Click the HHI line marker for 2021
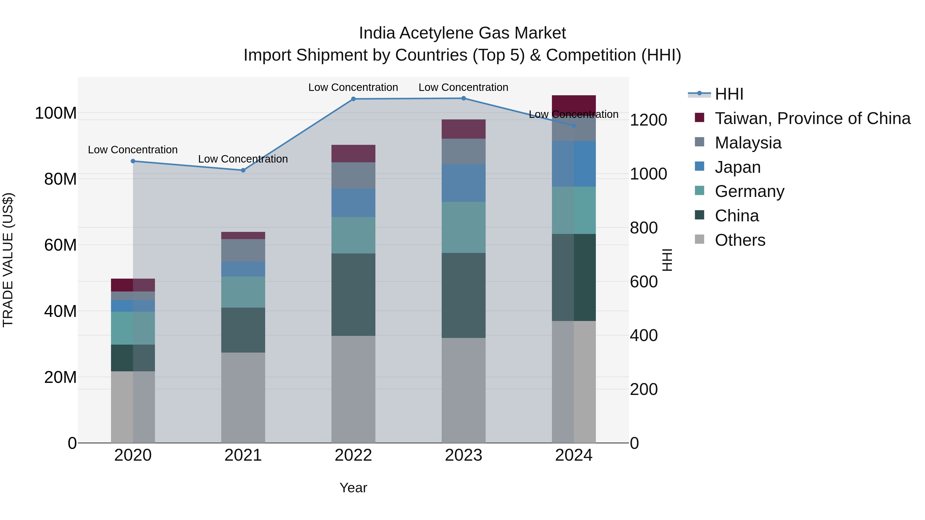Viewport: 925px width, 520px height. pos(243,170)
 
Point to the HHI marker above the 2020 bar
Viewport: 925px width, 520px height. pos(133,161)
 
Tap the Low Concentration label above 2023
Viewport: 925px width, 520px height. pos(463,87)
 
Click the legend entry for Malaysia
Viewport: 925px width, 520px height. pos(748,143)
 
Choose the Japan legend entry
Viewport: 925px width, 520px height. pos(737,167)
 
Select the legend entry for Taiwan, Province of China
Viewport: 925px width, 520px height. pos(812,118)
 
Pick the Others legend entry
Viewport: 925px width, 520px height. pos(740,240)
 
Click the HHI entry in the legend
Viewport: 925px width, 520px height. pos(729,94)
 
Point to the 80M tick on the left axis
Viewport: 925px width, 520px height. pos(60,179)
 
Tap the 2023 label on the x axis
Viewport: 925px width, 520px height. pos(463,455)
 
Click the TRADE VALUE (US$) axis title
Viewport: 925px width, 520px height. pos(8,260)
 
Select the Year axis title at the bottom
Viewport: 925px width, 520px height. pos(353,488)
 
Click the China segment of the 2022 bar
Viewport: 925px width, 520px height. pos(353,294)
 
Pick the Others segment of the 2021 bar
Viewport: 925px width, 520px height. pos(243,397)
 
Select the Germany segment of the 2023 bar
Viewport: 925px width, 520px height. pos(463,227)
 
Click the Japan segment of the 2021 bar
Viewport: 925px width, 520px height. pos(243,269)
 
